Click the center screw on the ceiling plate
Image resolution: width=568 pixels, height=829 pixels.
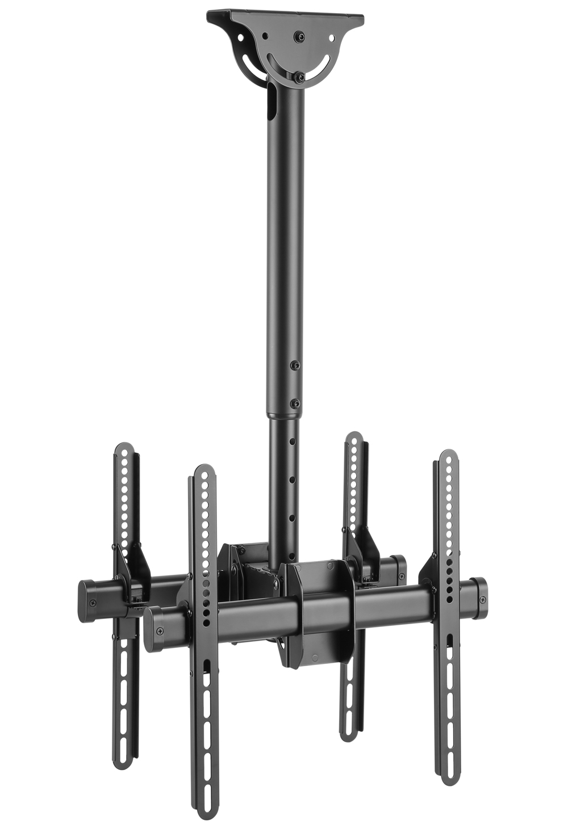(x=298, y=37)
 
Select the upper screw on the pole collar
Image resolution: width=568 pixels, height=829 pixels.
(x=295, y=366)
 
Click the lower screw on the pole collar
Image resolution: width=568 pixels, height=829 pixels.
(x=295, y=403)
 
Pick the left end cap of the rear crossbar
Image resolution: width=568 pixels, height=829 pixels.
(x=88, y=601)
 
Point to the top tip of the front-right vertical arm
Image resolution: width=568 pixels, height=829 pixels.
(x=449, y=456)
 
